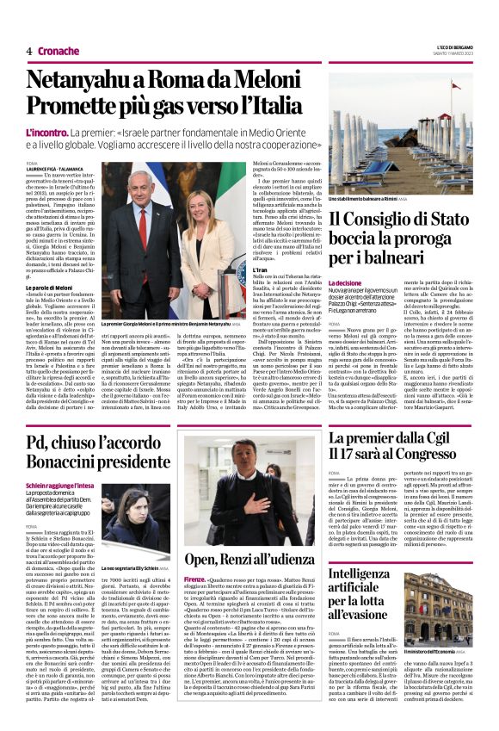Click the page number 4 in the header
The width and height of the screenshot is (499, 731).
29,52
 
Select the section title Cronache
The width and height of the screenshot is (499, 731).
59,52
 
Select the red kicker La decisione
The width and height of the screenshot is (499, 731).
345,282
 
